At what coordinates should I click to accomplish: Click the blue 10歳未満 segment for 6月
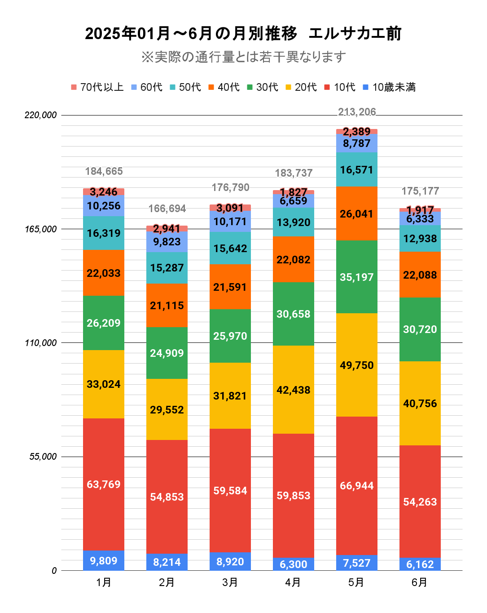(420, 564)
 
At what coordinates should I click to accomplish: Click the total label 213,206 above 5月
(357, 112)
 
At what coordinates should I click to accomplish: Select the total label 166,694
(167, 209)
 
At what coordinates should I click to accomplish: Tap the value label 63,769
(104, 484)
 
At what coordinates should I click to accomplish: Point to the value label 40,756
(420, 404)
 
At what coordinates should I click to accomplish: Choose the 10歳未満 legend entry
(389, 87)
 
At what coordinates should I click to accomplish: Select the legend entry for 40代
(224, 87)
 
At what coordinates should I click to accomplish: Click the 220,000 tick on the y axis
(41, 115)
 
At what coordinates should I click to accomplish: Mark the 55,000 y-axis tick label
(43, 457)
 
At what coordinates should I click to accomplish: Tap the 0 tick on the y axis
(54, 571)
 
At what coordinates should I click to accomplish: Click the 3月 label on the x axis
(230, 582)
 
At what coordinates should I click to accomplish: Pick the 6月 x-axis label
(420, 582)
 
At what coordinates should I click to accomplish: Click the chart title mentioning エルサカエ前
(243, 34)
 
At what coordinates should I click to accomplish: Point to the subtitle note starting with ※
(243, 57)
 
